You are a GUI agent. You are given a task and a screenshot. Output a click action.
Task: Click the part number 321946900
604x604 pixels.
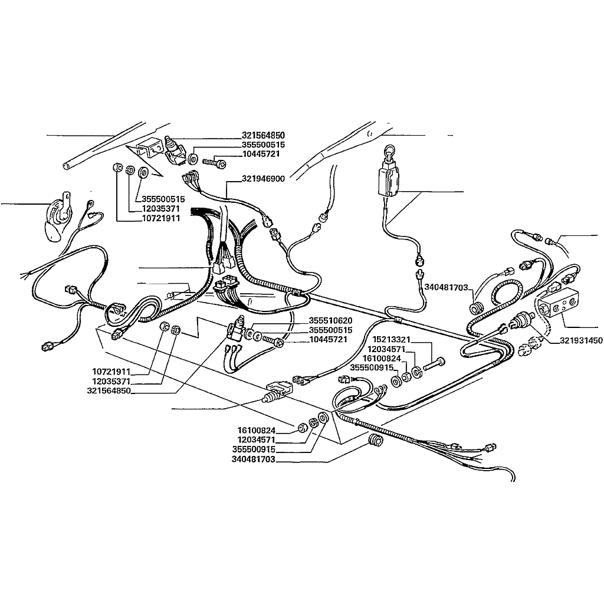pos(263,179)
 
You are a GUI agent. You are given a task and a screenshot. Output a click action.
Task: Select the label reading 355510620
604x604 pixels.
pos(330,320)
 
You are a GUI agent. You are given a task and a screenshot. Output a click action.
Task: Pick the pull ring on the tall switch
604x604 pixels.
pos(388,150)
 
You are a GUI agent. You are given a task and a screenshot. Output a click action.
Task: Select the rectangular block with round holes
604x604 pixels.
pos(559,303)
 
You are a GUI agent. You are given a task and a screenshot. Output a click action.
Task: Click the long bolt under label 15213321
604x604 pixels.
pos(434,365)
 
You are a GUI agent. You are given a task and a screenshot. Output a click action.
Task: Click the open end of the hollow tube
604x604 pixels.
pos(66,166)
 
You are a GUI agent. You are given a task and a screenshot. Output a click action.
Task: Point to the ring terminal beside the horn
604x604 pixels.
pos(91,203)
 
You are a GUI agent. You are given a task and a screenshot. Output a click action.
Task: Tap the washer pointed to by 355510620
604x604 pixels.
pos(249,333)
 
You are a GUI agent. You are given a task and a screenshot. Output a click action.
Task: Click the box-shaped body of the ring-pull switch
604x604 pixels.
pos(388,179)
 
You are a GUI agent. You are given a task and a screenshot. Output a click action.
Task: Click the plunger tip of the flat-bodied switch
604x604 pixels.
pos(265,399)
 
